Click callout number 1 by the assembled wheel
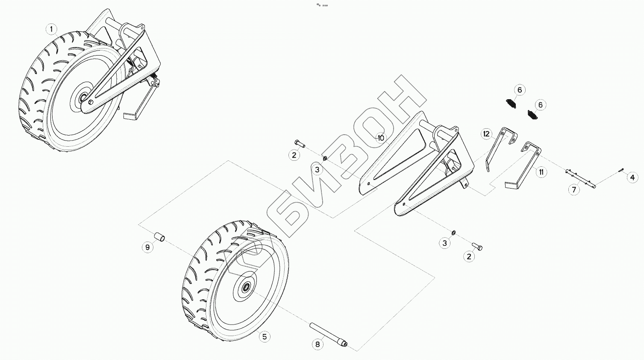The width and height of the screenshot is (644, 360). (51, 29)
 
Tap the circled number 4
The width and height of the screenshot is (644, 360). (632, 178)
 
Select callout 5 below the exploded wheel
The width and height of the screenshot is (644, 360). (265, 337)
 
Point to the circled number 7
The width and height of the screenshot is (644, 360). (574, 189)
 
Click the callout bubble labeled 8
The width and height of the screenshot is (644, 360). (318, 344)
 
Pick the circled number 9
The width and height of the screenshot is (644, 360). (147, 247)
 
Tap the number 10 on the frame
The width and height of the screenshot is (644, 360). (381, 138)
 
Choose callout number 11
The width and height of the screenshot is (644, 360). (541, 172)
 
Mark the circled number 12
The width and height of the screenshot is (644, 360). (486, 134)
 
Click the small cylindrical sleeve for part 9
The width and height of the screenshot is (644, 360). (160, 237)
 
